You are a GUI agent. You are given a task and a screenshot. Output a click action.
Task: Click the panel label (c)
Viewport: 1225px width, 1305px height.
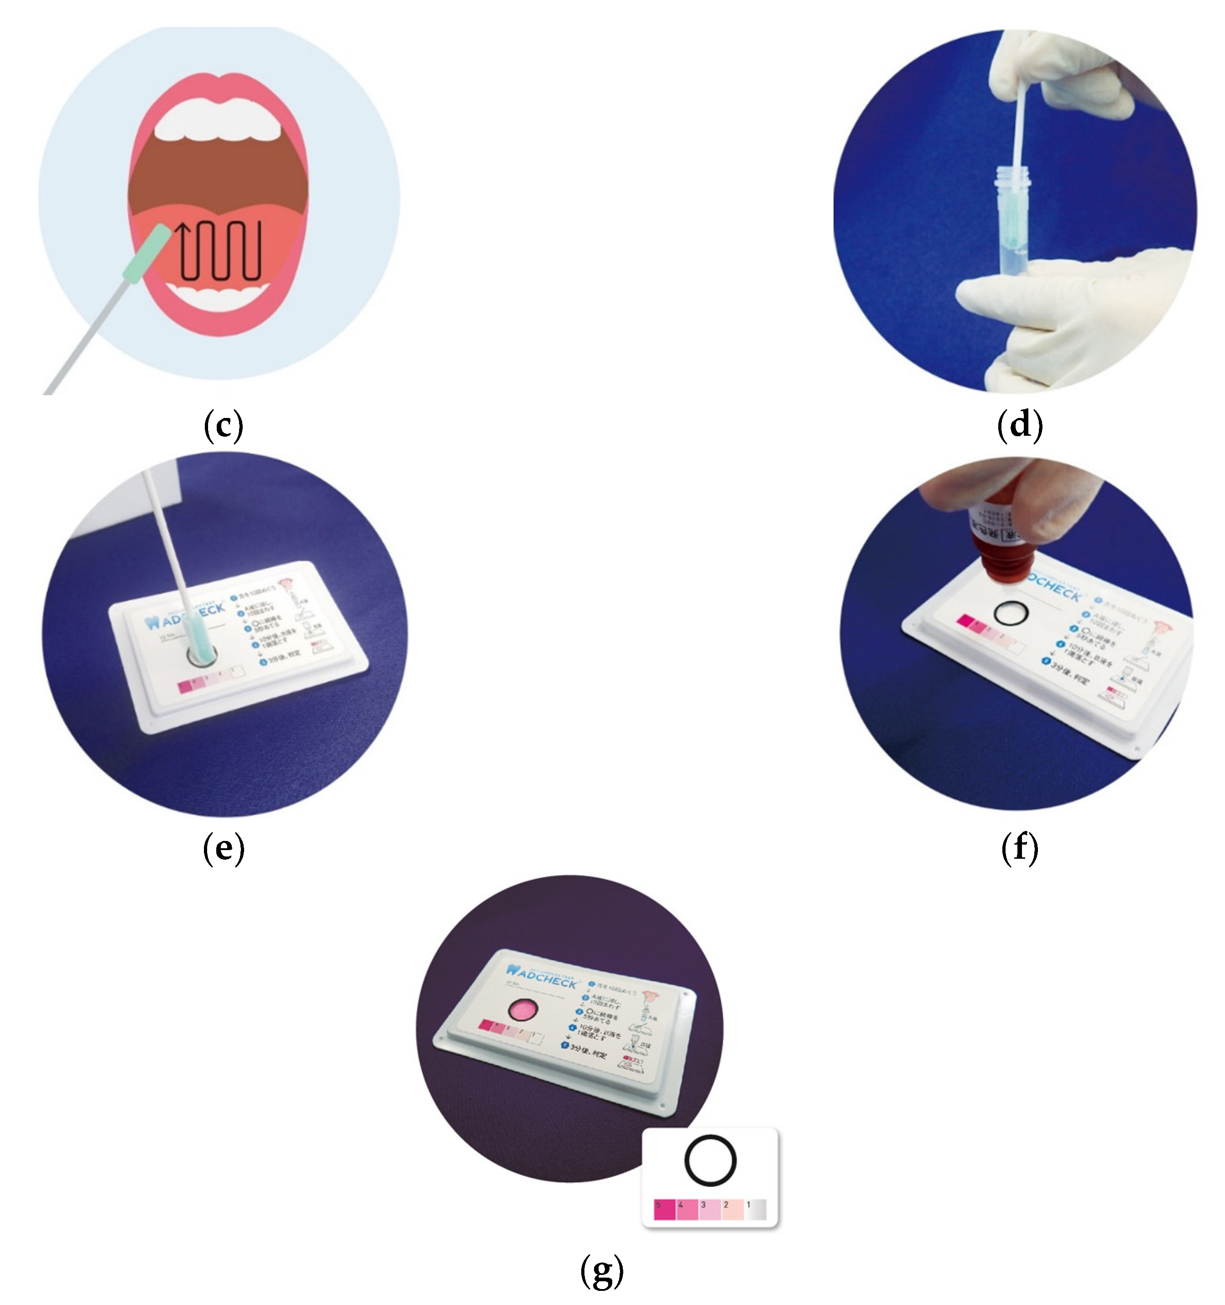223,425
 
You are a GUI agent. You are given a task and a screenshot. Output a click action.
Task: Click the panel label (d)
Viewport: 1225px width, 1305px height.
1019,425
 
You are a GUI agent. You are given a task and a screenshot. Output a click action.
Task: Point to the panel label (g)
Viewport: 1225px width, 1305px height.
601,1270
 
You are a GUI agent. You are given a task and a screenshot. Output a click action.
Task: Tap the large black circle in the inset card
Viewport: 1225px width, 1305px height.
709,1161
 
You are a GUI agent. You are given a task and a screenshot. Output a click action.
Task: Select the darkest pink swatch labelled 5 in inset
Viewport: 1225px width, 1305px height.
664,1210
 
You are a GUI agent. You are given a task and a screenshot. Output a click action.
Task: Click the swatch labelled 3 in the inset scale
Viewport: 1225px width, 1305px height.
709,1210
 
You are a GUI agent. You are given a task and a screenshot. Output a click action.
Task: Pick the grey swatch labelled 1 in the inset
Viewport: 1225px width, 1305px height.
755,1210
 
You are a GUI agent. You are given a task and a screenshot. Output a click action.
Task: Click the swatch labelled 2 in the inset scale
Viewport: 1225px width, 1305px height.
732,1210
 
